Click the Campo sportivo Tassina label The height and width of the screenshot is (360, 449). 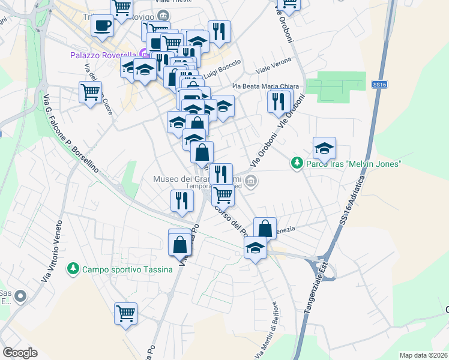click(127, 269)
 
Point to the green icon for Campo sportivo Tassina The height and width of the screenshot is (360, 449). click(73, 269)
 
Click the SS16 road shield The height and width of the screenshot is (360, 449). click(379, 85)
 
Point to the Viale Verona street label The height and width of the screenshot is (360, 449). click(273, 65)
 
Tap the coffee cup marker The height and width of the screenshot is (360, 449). click(103, 26)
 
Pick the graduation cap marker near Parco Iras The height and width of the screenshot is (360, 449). click(324, 148)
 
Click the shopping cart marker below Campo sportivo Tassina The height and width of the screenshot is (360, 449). click(126, 313)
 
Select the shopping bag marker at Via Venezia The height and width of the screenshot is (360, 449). click(265, 228)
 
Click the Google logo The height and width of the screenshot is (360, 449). click(20, 353)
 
